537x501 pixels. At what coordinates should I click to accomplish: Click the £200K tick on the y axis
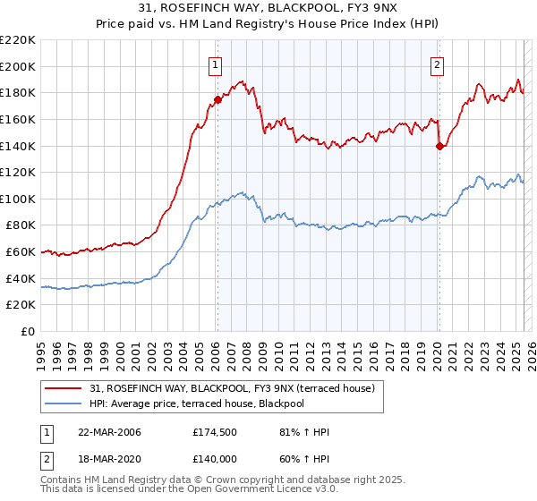pos(19,66)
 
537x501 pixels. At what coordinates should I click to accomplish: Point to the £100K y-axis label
pos(19,199)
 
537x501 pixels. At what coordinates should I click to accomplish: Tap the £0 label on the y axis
pos(29,332)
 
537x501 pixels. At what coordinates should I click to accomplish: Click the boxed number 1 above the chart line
pos(217,64)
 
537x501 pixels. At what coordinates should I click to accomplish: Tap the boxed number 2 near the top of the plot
pos(438,64)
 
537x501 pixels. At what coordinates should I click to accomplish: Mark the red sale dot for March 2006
pos(217,99)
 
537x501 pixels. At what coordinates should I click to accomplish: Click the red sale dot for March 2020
pos(439,146)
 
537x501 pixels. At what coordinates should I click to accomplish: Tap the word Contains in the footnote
pos(64,482)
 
